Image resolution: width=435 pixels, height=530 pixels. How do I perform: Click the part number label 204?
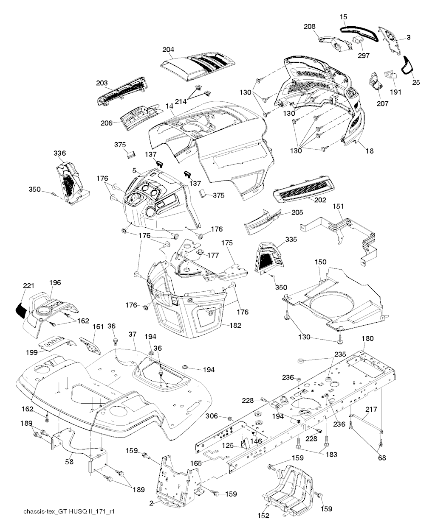(168, 50)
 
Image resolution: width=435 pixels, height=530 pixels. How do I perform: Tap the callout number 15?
(343, 17)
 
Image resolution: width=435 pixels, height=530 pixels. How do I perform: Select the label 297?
(364, 55)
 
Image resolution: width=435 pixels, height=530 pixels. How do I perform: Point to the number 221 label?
(28, 285)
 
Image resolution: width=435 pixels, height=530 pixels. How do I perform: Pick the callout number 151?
(338, 206)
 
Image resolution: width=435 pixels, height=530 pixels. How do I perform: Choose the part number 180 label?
(367, 338)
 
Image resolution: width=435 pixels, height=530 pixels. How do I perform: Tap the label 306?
(212, 416)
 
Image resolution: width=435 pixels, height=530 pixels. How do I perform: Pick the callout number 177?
(213, 255)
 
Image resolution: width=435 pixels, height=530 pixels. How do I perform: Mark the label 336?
(59, 153)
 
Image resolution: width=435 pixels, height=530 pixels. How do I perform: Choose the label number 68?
(382, 457)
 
